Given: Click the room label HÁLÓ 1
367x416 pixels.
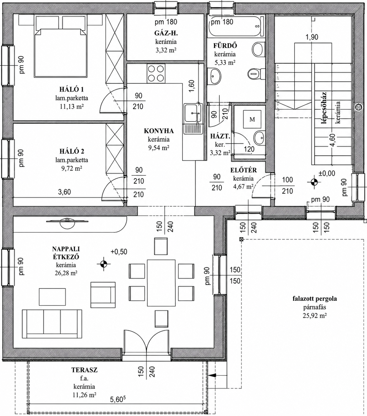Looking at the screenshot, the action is coord(71,89).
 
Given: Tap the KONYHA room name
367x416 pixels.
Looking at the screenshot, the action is coord(159,131).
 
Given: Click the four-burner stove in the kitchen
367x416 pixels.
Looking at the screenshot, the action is coord(156,73).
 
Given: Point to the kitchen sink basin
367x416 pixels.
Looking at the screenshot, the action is coord(193,113).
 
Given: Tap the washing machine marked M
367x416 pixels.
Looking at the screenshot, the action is coord(252,119).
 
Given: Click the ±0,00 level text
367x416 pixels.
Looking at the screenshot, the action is coord(326,173).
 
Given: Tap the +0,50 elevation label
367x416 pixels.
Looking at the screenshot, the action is coord(119,251).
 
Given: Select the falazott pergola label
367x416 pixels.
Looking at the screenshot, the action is coord(315,299).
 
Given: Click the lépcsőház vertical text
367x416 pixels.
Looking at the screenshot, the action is coord(324,108).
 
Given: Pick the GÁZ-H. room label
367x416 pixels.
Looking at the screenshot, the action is coord(166,33).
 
